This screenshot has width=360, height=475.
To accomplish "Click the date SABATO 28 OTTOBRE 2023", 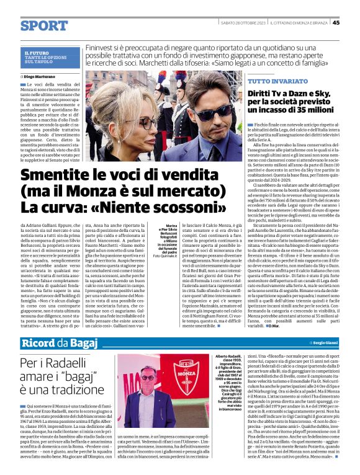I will pyautogui.click(x=244, y=23).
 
